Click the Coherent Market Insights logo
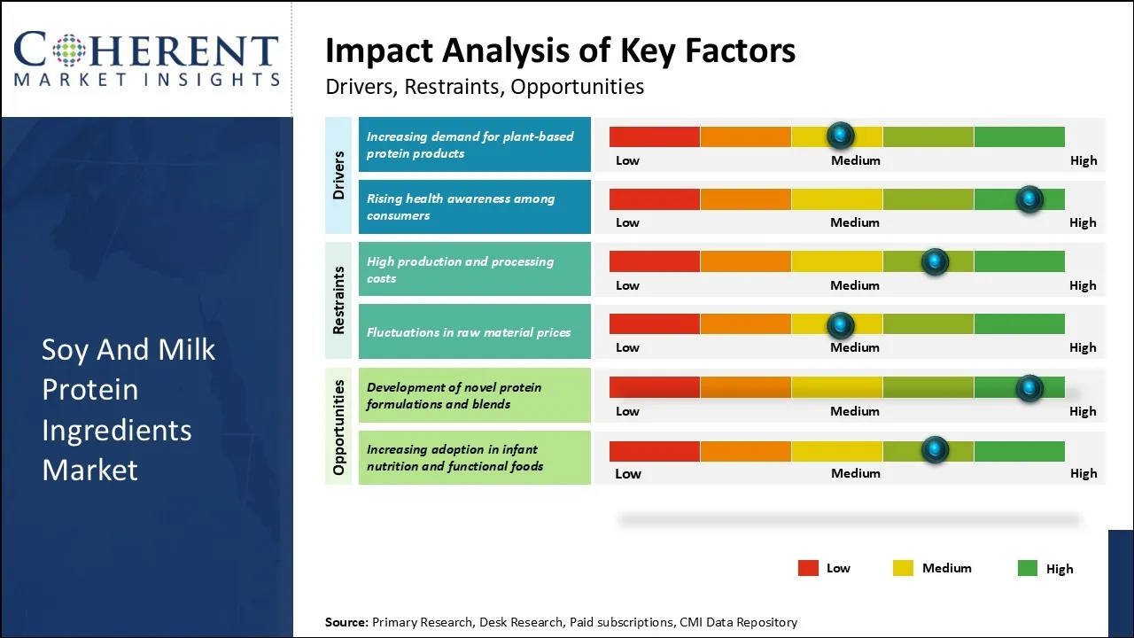(146, 58)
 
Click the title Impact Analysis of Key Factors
(560, 51)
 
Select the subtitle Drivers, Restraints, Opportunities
(484, 87)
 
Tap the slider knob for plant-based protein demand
(840, 136)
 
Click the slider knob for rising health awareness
(1029, 198)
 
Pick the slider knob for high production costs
(935, 261)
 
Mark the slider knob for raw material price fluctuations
(840, 324)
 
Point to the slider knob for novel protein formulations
(1029, 387)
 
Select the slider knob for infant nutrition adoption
(935, 450)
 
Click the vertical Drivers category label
(338, 175)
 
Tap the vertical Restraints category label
(338, 300)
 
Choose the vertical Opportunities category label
(338, 426)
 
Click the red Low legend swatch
(808, 569)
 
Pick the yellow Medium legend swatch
(903, 569)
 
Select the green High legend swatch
(1027, 569)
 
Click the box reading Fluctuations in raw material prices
(474, 332)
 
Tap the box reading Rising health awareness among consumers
(474, 207)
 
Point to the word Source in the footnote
(346, 622)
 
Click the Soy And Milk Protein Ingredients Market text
(128, 409)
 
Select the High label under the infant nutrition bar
(1083, 473)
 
